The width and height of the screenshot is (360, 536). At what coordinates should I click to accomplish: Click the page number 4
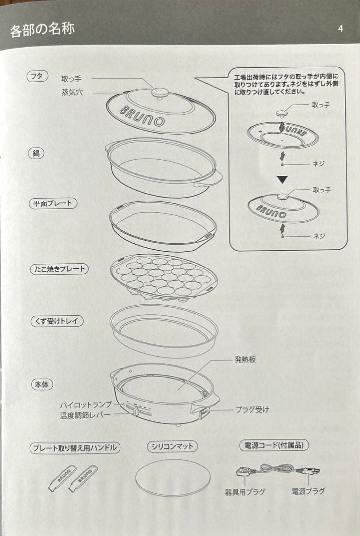(340, 28)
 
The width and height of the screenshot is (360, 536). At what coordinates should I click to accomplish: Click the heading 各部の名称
(42, 30)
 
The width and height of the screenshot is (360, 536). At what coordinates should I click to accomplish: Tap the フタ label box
(37, 76)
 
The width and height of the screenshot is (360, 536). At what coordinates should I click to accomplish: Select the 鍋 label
(36, 153)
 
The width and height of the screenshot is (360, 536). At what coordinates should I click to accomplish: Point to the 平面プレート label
(53, 203)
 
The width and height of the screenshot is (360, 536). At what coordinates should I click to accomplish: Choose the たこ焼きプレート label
(59, 268)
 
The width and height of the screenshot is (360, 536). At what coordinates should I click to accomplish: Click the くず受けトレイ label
(57, 321)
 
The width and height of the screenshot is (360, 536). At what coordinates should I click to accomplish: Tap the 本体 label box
(42, 385)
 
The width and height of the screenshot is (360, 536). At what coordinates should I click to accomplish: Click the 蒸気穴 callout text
(72, 92)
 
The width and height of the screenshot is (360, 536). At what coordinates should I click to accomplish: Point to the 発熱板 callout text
(245, 360)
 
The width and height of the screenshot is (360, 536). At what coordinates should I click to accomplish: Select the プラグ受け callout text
(252, 409)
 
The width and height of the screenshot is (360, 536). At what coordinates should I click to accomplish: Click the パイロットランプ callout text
(86, 405)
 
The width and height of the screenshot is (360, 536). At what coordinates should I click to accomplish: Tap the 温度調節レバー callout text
(85, 415)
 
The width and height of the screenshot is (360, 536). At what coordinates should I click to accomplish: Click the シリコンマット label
(173, 446)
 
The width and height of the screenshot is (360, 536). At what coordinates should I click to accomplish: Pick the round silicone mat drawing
(173, 477)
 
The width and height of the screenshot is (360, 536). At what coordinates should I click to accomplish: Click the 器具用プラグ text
(245, 492)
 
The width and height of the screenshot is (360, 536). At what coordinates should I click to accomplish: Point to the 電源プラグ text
(308, 491)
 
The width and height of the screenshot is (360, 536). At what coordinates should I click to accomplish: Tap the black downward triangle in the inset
(282, 179)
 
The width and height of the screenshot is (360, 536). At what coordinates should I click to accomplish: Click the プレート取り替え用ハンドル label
(75, 448)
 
